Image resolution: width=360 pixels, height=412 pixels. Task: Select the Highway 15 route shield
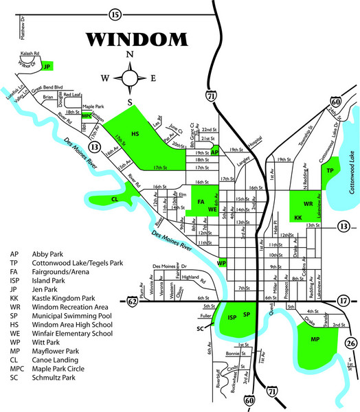point(115,14)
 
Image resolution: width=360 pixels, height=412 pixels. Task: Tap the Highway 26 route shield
point(351,343)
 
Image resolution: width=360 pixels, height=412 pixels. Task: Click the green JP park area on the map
point(48,67)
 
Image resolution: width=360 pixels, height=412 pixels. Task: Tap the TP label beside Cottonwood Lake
point(330,170)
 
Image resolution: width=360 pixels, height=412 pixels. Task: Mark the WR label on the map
point(308,205)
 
